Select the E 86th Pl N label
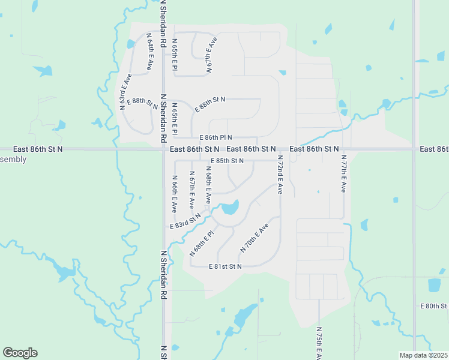point(211,138)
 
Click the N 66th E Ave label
point(173,194)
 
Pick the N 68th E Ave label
point(208,184)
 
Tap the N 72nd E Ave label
point(280,175)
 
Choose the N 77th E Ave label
point(343,173)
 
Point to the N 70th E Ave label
point(254,236)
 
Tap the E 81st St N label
point(225,266)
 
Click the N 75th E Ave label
point(318,343)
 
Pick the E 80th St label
point(435,306)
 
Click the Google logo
point(20,353)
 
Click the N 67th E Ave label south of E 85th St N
point(191,186)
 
